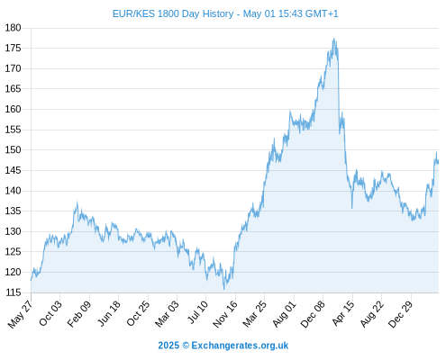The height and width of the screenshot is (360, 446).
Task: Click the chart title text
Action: click(x=225, y=13)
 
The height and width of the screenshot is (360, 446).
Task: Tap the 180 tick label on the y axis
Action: click(x=13, y=28)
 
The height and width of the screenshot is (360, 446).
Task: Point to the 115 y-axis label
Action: click(x=13, y=292)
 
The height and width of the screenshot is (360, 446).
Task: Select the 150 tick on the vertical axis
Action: click(x=13, y=149)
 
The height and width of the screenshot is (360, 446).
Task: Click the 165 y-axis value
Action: click(x=13, y=89)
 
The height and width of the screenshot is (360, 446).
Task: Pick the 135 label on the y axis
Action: click(x=13, y=211)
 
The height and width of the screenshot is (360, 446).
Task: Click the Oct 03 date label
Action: click(x=50, y=313)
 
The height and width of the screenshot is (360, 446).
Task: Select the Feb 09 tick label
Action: click(x=79, y=314)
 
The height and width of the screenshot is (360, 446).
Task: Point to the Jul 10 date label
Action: click(x=197, y=312)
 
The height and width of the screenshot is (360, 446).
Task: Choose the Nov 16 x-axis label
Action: click(x=225, y=314)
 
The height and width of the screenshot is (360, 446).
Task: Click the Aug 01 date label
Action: click(x=285, y=314)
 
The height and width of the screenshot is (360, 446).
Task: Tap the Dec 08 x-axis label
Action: click(x=313, y=314)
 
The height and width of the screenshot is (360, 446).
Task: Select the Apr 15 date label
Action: click(x=343, y=313)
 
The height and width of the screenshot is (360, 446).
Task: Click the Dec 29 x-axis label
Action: click(x=401, y=314)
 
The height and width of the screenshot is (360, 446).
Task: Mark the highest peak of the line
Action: click(x=334, y=39)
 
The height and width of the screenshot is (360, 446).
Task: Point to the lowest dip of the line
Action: click(x=224, y=289)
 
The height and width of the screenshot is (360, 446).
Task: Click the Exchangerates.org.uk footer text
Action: click(x=240, y=346)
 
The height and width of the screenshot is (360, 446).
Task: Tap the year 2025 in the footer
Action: click(x=168, y=346)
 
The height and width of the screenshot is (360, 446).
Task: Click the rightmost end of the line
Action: click(x=439, y=162)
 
